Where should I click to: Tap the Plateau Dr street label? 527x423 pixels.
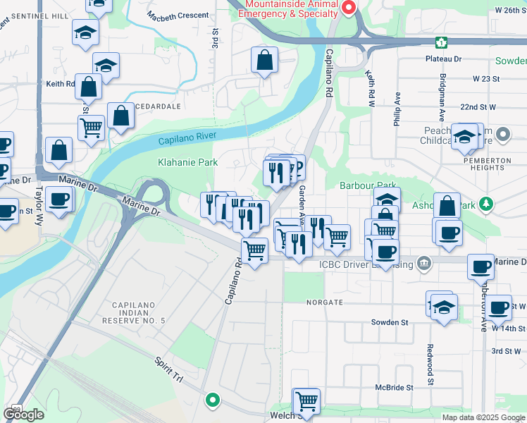tap(443, 59)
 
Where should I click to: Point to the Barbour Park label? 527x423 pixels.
tap(364, 185)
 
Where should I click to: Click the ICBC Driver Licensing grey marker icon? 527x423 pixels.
tap(423, 264)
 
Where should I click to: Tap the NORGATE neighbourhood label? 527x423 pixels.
tap(324, 302)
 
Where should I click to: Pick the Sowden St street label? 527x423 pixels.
tap(390, 322)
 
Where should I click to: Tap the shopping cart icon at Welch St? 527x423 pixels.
tap(306, 401)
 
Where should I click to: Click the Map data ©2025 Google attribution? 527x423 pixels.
tap(483, 417)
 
